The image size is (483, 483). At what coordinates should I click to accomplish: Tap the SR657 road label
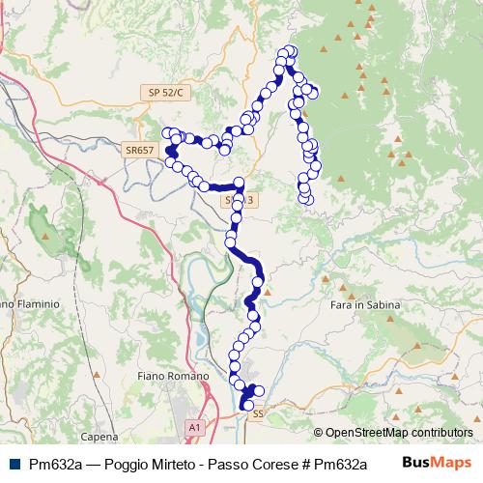pos(139,150)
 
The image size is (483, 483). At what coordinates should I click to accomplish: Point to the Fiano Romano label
pos(174,375)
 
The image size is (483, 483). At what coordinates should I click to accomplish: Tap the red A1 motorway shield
pos(195,425)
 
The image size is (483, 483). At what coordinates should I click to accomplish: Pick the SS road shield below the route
pos(257,413)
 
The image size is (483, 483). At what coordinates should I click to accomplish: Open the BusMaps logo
pos(437,463)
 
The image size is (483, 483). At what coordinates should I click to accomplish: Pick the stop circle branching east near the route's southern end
pos(259,390)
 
